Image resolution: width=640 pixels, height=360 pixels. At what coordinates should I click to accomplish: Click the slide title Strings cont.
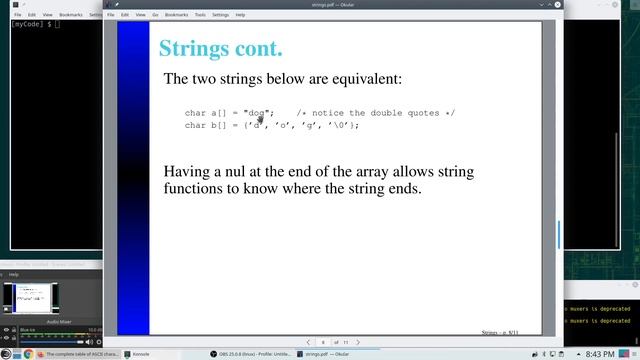[220, 48]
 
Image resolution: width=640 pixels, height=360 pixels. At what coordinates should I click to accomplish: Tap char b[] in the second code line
[205, 125]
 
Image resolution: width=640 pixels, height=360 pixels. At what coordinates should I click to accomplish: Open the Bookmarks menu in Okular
[175, 15]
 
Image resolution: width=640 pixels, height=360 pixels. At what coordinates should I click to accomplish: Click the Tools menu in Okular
[200, 15]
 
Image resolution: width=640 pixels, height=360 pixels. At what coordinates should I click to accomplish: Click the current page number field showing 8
[323, 342]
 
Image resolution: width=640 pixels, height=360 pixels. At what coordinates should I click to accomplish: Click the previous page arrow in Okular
[308, 342]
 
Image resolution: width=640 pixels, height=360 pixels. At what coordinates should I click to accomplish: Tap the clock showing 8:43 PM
[599, 354]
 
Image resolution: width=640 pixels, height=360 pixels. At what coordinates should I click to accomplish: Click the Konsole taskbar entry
[140, 354]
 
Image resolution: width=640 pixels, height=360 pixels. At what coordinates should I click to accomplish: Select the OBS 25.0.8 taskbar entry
[250, 354]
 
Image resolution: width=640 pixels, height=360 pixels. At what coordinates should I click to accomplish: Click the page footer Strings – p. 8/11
[499, 331]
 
